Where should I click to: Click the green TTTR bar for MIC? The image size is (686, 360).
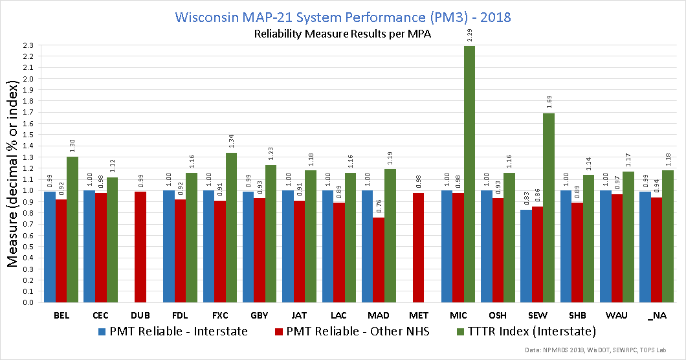pyautogui.click(x=469, y=174)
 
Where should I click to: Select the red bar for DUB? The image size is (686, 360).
pyautogui.click(x=140, y=247)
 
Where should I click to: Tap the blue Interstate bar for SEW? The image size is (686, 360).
pyautogui.click(x=526, y=256)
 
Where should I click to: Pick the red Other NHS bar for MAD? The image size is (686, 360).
pyautogui.click(x=379, y=260)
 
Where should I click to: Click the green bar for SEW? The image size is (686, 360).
pyautogui.click(x=549, y=208)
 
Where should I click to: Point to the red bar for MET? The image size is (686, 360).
pyautogui.click(x=418, y=247)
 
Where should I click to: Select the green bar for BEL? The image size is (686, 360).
pyautogui.click(x=72, y=229)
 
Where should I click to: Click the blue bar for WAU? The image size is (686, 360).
pyautogui.click(x=606, y=246)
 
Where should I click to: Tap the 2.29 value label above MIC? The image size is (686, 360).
pyautogui.click(x=469, y=35)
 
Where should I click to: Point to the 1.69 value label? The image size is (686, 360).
pyautogui.click(x=549, y=102)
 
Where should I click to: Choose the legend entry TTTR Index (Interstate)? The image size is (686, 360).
pyautogui.click(x=526, y=332)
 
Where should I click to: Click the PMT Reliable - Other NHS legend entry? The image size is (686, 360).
pyautogui.click(x=352, y=332)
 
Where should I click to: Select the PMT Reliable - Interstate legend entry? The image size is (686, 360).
pyautogui.click(x=173, y=332)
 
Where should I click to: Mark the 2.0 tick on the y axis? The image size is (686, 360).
pyautogui.click(x=28, y=79)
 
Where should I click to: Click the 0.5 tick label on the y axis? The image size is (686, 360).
pyautogui.click(x=28, y=247)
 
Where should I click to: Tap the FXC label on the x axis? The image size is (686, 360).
pyautogui.click(x=220, y=315)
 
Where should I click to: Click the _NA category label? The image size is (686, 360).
pyautogui.click(x=657, y=316)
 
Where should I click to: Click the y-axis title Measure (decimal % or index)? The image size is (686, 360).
pyautogui.click(x=12, y=174)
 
